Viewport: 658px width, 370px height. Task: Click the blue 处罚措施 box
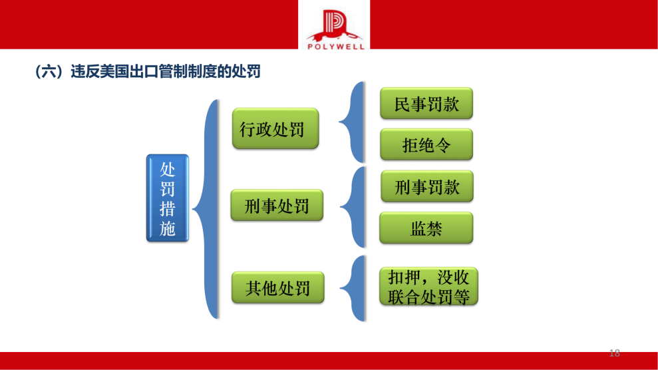tap(168, 198)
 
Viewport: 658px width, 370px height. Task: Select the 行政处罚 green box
tap(275, 128)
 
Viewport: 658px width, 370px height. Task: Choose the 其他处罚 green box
tap(277, 288)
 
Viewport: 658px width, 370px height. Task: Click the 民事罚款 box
tap(426, 104)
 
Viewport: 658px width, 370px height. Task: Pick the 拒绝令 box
tap(426, 144)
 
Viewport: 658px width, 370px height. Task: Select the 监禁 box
tap(426, 228)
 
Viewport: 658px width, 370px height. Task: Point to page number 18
tap(614, 353)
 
